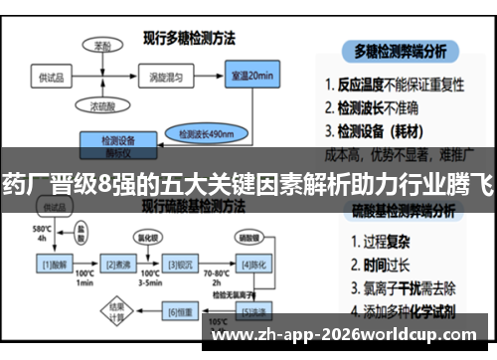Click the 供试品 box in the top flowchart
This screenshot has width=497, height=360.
[x=51, y=77]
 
